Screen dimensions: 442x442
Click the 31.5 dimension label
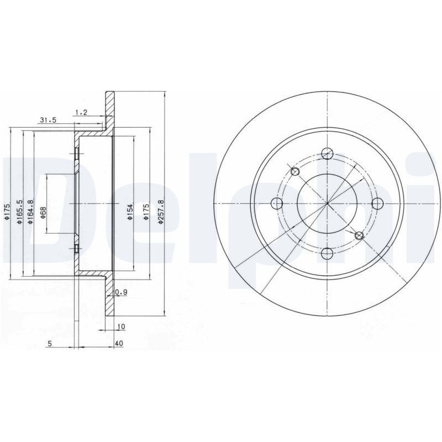48,120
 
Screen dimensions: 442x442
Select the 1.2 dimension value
81,113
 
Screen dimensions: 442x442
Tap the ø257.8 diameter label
161,212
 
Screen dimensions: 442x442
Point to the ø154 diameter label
130,212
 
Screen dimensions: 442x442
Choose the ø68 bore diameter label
44,213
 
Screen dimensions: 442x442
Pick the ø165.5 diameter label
19,212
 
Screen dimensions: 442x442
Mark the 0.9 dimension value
122,292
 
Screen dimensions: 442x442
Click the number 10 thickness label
121,327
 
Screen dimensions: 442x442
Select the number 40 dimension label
119,343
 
